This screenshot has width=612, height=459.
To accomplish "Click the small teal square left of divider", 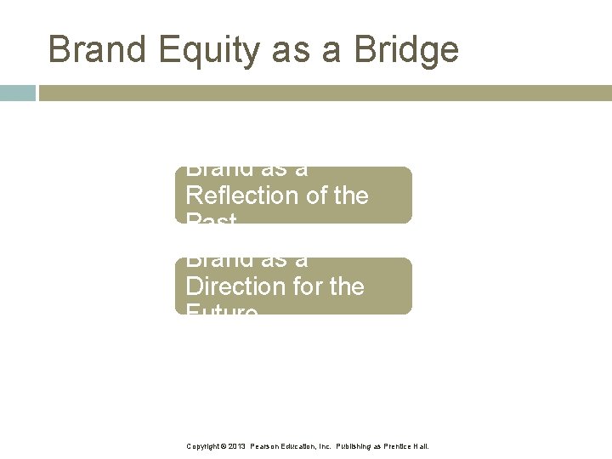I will point(18,93).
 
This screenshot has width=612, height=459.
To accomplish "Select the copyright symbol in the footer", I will point(224,445).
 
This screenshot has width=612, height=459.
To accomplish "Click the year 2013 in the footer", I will point(237,445).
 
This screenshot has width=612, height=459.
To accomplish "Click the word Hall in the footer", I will point(422,445).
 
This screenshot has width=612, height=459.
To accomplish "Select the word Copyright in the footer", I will point(203,445).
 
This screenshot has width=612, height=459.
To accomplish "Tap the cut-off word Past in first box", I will point(211,219).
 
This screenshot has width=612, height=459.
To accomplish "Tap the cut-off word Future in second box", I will point(221,310).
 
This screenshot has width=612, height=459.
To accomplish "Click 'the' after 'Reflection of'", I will point(349,195).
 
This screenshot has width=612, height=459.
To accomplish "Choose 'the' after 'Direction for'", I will point(346,286).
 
